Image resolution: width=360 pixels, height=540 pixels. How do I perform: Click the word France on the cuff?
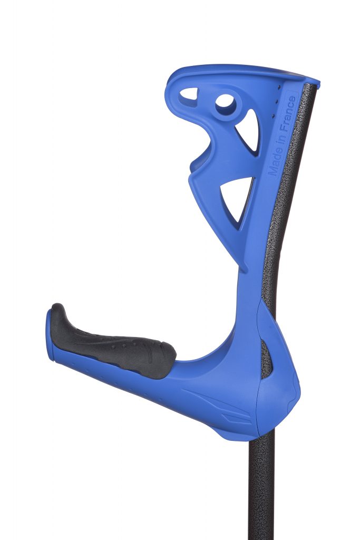(288, 114)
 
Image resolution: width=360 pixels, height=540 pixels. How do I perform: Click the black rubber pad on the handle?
(113, 344)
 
